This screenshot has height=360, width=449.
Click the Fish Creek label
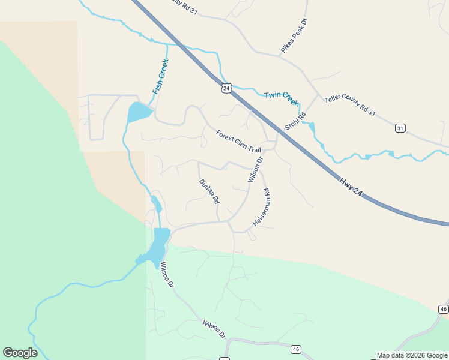160,77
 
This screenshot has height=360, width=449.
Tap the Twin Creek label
282,98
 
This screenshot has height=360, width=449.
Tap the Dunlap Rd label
209,191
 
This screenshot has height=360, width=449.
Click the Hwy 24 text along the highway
351,185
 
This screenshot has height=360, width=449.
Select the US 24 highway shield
226,88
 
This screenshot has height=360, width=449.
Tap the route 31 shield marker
400,128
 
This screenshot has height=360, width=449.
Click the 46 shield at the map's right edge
443,309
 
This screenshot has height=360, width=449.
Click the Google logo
20,353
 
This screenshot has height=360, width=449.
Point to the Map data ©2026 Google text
412,355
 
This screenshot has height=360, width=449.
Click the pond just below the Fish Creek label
139,112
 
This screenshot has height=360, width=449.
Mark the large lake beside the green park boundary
158,246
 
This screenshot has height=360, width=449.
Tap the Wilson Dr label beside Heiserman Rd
256,170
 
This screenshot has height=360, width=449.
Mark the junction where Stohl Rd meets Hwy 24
281,131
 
